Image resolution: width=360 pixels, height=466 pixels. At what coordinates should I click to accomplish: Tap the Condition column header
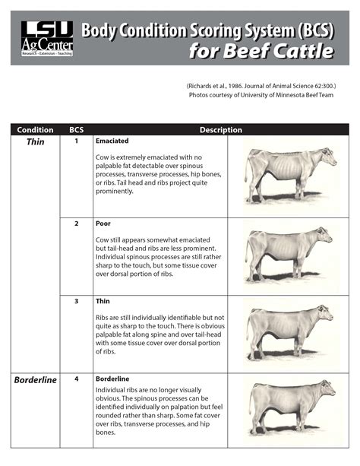tap(35, 130)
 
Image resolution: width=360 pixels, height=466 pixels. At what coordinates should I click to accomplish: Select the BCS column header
tap(77, 130)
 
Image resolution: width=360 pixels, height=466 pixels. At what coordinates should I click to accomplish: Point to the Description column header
tap(220, 130)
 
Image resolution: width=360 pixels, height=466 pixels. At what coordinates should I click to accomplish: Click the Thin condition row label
tap(36, 142)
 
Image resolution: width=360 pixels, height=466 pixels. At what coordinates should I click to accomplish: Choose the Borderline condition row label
tap(36, 380)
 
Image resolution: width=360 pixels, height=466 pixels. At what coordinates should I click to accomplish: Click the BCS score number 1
tap(77, 141)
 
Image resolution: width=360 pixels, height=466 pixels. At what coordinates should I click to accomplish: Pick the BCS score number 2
tap(77, 223)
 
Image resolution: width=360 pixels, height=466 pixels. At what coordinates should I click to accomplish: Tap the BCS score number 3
tap(77, 301)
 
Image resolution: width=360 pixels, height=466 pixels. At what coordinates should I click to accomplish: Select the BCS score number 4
tap(77, 379)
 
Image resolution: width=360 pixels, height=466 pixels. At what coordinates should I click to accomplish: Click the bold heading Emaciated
tap(112, 141)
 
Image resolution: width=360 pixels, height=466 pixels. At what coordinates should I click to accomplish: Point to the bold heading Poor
tap(103, 223)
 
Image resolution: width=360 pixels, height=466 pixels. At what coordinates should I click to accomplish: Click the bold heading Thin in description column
tap(103, 301)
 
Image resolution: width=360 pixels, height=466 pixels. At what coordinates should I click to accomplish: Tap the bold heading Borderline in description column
tap(112, 379)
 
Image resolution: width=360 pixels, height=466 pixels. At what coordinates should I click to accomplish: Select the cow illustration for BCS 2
tap(289, 254)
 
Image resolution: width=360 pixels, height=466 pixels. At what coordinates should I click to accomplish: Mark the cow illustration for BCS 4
tap(289, 407)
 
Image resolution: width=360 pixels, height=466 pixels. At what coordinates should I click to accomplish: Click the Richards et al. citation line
tap(261, 87)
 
